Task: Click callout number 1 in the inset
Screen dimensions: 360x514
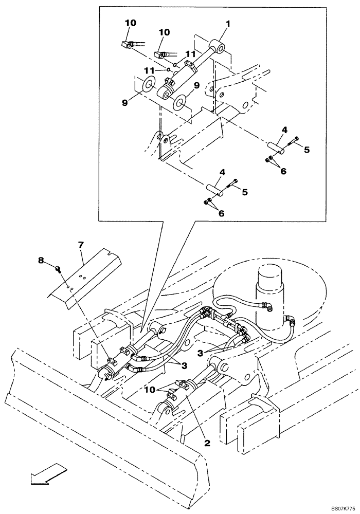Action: pyautogui.click(x=228, y=24)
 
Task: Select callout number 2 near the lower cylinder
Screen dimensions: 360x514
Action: pyautogui.click(x=207, y=444)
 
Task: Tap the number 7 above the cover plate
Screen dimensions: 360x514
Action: pyautogui.click(x=81, y=245)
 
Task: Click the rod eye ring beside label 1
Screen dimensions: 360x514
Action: pyautogui.click(x=219, y=46)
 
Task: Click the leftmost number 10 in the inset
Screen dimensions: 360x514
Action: pyautogui.click(x=131, y=23)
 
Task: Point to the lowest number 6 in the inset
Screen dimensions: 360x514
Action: pyautogui.click(x=221, y=213)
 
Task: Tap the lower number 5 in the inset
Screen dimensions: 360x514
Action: pyautogui.click(x=245, y=192)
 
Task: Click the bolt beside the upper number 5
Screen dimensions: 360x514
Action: pyautogui.click(x=294, y=141)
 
